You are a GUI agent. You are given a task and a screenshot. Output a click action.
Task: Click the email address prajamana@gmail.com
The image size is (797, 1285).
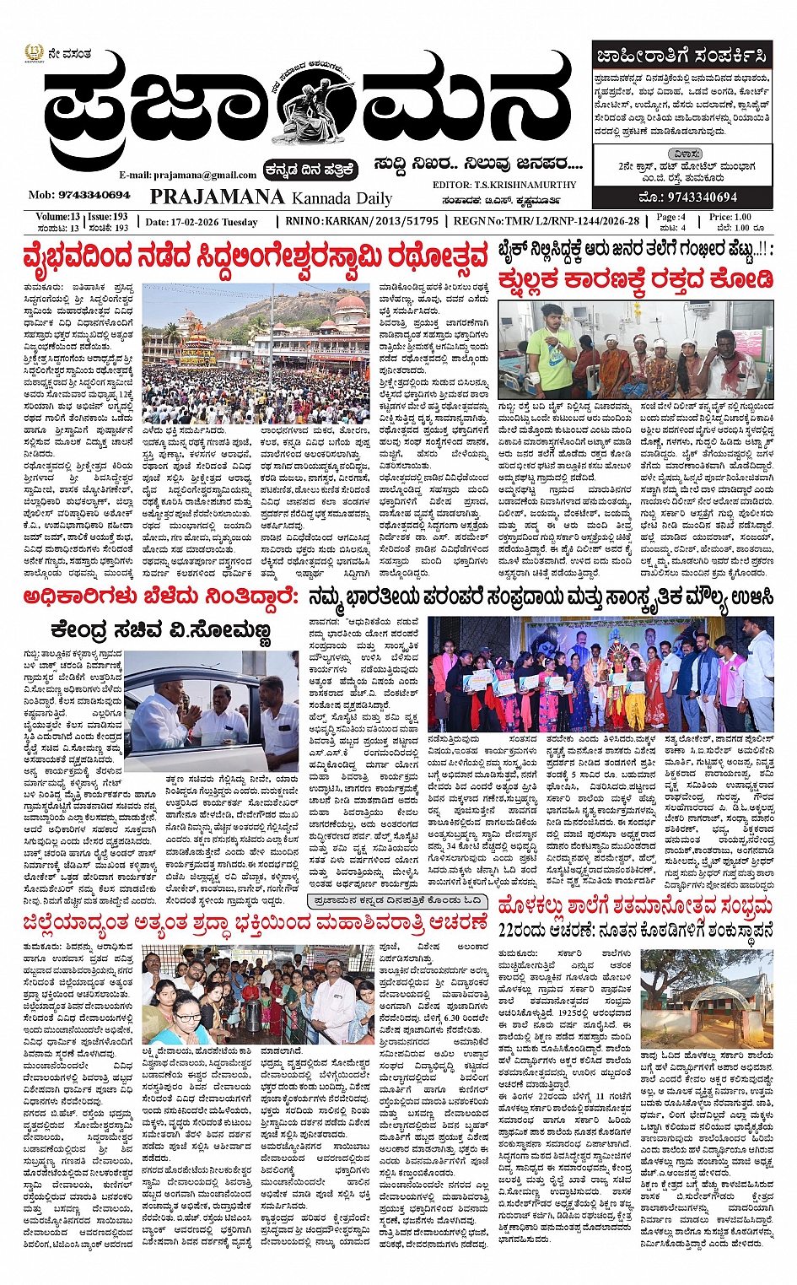[x=187, y=175]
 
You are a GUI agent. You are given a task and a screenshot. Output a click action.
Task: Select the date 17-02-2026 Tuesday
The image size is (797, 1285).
[x=202, y=222]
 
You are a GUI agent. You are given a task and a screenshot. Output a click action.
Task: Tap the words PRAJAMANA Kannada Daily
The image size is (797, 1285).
[x=271, y=197]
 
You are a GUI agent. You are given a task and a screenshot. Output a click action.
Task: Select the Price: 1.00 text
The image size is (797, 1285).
[x=730, y=217]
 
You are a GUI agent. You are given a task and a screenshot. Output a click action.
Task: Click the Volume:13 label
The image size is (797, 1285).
[x=58, y=217]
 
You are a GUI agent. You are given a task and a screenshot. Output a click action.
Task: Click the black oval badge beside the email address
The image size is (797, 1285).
[x=310, y=170]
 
